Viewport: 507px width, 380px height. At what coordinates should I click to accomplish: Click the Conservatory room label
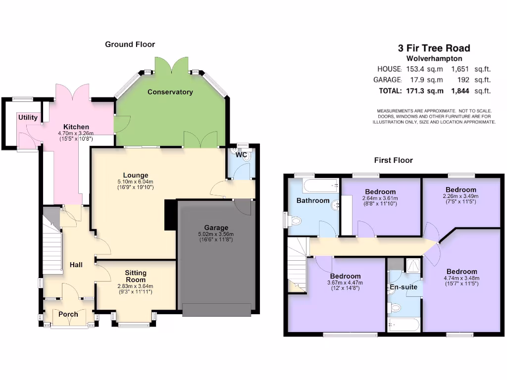pos(170,92)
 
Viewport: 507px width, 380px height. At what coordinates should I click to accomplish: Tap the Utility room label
pos(28,118)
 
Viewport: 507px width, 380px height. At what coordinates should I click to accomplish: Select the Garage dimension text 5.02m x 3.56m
pos(215,234)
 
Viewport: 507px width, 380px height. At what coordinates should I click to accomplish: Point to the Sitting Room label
pos(135,276)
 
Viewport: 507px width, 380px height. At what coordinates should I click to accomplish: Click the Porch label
pos(68,314)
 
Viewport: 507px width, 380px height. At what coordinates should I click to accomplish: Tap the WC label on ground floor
pos(241,155)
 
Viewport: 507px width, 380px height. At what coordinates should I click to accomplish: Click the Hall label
pos(76,265)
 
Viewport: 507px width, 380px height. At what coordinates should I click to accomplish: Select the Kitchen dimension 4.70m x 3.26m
pos(76,133)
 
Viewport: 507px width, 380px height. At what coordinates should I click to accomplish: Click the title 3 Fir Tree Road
pos(434,48)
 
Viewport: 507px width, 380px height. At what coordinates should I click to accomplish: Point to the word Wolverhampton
pos(434,58)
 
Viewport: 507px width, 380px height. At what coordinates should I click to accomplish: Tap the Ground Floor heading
pos(130,45)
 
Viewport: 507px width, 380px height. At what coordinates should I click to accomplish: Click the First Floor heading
pos(393,160)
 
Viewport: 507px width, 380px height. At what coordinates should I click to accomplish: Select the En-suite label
pos(404,287)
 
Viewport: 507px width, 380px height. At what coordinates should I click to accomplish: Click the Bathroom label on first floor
pos(313,200)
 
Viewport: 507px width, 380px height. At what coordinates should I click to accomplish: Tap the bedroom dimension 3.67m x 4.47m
pos(345,283)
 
